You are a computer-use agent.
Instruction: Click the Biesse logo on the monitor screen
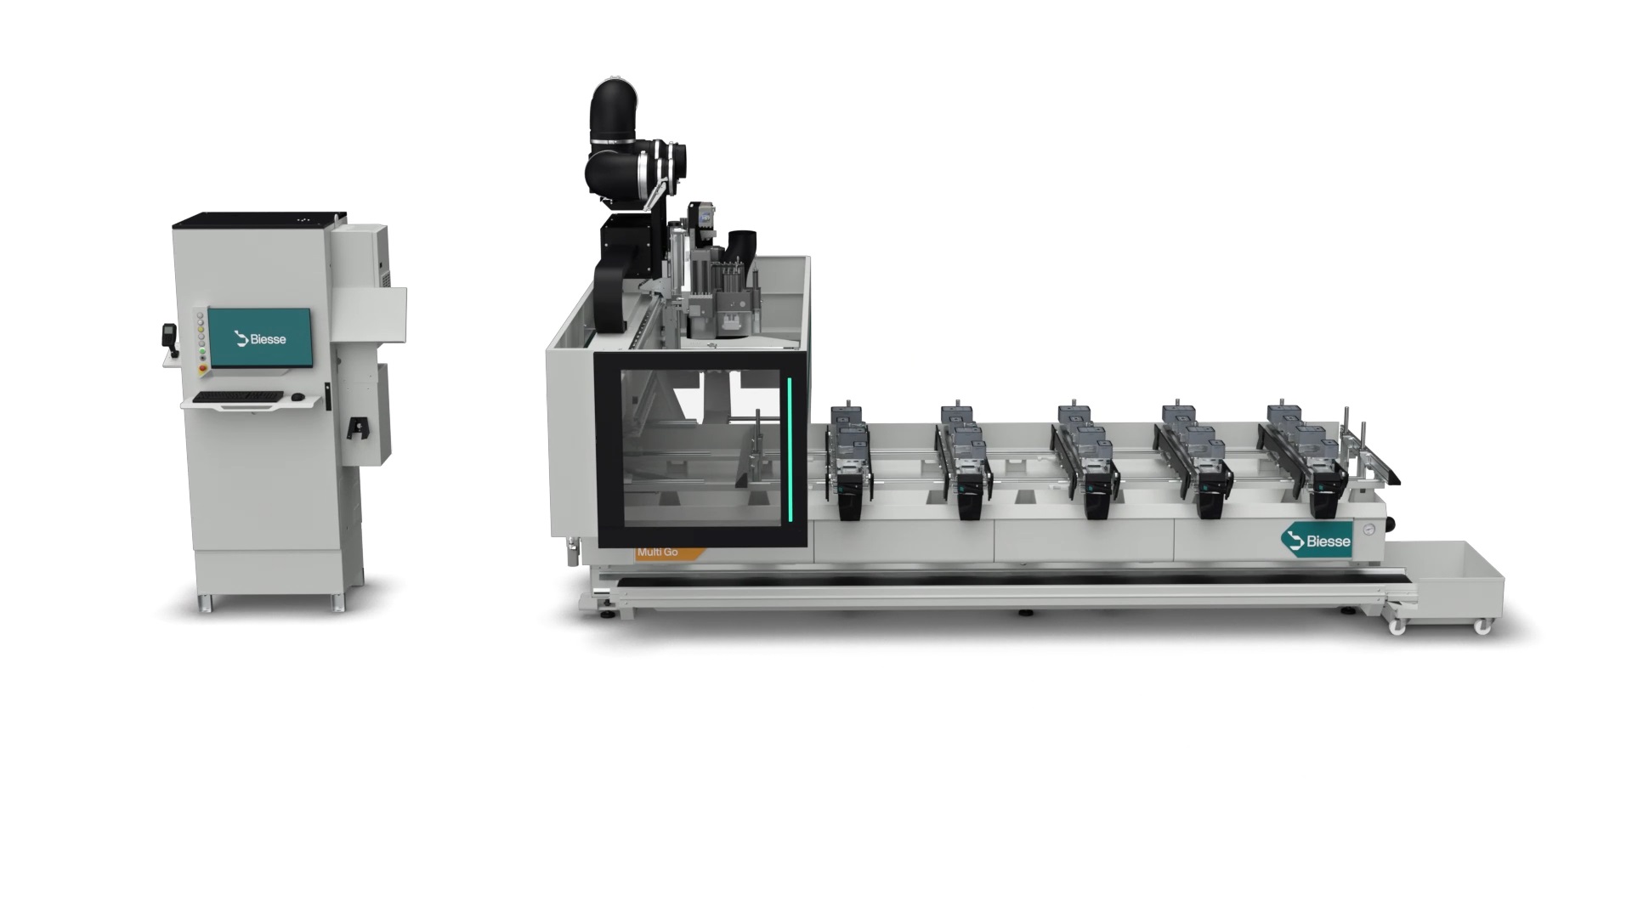pos(261,339)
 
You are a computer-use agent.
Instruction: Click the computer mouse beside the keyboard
pos(297,397)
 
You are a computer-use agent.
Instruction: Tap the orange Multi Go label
pos(664,552)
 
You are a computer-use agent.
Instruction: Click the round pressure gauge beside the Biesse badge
pos(1368,530)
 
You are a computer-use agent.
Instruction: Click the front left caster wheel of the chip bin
pos(1396,626)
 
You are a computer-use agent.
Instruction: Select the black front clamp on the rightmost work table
pos(1323,500)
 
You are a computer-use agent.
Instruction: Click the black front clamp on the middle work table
pos(1096,501)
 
